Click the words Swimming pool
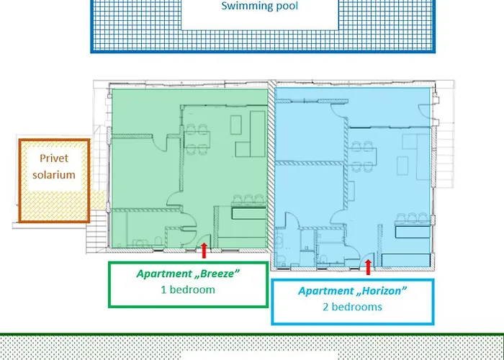(x=260, y=6)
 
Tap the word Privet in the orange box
(x=54, y=158)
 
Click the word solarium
(x=54, y=174)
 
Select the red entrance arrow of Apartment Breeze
(x=204, y=251)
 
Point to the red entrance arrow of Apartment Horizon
(x=369, y=267)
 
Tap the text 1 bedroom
(x=188, y=289)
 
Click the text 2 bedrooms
(x=352, y=307)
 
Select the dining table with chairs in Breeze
(x=197, y=139)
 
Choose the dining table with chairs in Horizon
(x=362, y=156)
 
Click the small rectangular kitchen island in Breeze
(x=236, y=125)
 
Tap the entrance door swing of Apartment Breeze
(x=204, y=241)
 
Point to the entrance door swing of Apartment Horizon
(x=368, y=260)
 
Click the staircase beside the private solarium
(x=96, y=231)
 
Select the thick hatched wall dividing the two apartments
(x=271, y=174)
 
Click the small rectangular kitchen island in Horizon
(x=402, y=166)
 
